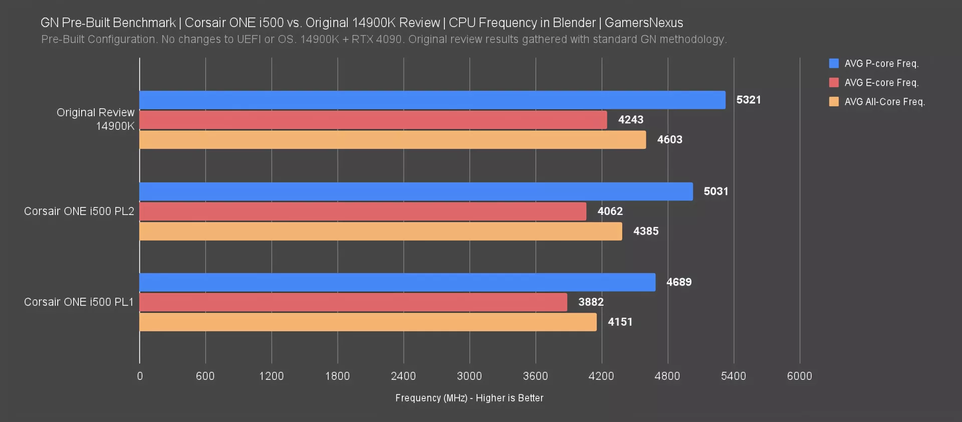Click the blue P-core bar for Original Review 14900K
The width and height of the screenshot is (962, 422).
[432, 100]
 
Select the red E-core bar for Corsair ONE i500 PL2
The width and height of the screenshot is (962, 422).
[363, 212]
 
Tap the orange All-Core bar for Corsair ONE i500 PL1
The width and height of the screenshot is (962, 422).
[368, 322]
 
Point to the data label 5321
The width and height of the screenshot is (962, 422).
[749, 100]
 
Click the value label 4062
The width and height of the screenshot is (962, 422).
[610, 212]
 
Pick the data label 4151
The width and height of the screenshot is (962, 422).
[620, 322]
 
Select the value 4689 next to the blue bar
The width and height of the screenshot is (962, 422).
[679, 282]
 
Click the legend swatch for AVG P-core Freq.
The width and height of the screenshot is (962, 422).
[834, 64]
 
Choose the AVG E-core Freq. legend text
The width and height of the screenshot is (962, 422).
[881, 83]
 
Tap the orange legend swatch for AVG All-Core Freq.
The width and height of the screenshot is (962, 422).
[834, 102]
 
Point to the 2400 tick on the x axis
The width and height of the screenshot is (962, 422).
[403, 376]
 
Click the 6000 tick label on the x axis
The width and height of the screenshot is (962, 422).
[799, 376]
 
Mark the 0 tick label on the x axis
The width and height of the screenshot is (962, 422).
[140, 376]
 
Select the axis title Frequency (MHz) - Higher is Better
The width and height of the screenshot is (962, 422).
[469, 398]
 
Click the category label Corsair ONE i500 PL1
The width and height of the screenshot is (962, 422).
[79, 302]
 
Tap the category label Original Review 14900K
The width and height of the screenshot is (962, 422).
[96, 119]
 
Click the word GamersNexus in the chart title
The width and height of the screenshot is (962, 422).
[644, 23]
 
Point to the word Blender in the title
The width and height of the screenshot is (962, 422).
[574, 23]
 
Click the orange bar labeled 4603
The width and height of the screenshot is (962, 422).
[392, 140]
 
